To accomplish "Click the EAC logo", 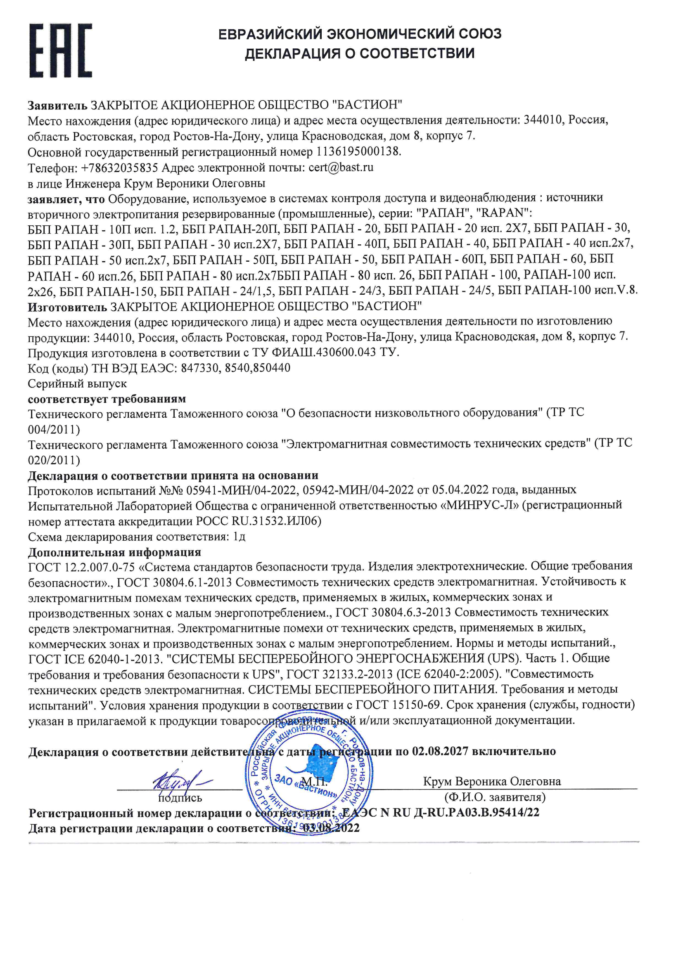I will coord(61,50).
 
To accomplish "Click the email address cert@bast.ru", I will coord(341,167).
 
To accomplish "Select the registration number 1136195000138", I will coord(358,151).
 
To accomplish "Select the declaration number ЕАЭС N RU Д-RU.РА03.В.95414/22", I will coord(441,812).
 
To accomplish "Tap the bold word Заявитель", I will coord(57,105).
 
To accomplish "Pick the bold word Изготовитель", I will coord(67,307).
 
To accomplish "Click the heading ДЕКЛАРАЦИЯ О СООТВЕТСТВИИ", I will coord(360,53).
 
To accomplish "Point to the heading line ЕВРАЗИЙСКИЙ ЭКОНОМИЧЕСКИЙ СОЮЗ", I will coord(360,33).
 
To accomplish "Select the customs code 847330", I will coord(200,368).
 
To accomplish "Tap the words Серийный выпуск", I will coord(77,384).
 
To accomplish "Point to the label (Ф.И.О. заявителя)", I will coord(495,797).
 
